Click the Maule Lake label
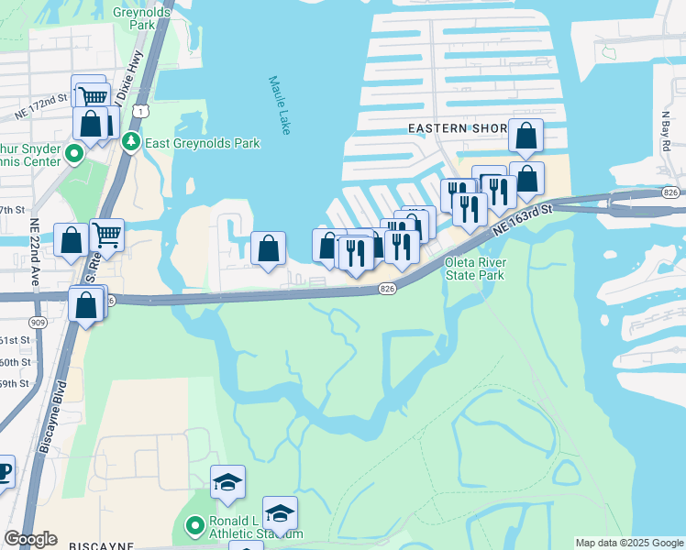tap(280, 105)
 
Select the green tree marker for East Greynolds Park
tap(131, 142)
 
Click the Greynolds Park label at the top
tap(135, 18)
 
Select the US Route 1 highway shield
tap(138, 110)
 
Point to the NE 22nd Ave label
tap(35, 249)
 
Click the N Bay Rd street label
tap(666, 133)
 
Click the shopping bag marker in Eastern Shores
tap(526, 136)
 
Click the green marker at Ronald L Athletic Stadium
tap(194, 526)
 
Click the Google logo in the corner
tap(30, 539)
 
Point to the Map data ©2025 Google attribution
tap(629, 543)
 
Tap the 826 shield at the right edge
tap(670, 192)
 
